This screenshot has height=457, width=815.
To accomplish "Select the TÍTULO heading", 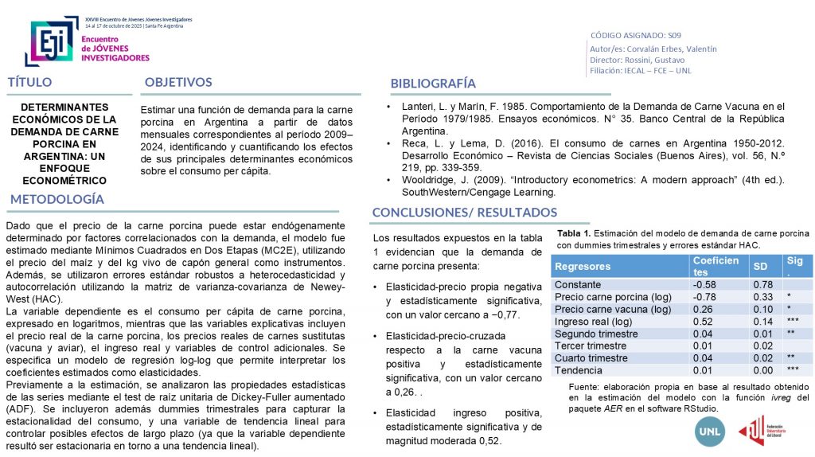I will (30, 82).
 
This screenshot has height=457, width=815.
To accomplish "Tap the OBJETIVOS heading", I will (178, 82).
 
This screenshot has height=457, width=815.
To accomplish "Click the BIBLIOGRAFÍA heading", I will (433, 84).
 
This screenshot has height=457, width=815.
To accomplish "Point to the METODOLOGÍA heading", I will (57, 198).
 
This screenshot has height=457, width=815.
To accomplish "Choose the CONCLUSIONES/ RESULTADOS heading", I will (465, 212).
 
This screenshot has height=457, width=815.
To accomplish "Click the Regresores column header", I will (583, 267).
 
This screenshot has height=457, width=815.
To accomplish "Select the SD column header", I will (760, 267).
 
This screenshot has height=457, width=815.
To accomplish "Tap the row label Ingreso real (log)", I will (594, 322).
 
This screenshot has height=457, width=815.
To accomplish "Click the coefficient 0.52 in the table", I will (704, 322).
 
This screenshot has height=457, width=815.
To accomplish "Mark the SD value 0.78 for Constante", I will (762, 285).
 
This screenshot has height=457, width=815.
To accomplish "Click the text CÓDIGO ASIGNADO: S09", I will (636, 35).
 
